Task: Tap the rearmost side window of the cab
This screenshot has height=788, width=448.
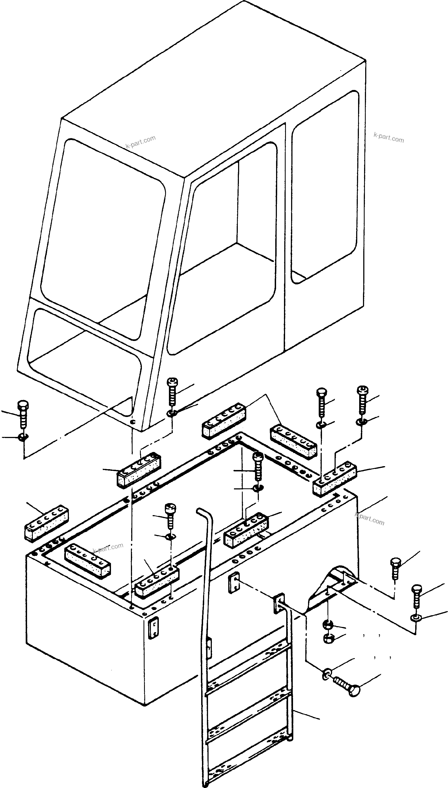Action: tap(325, 188)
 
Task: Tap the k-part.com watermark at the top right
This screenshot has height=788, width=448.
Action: tap(389, 138)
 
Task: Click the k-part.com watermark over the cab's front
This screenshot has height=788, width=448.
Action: tap(140, 142)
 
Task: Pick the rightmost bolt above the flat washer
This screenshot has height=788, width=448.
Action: tap(415, 596)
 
